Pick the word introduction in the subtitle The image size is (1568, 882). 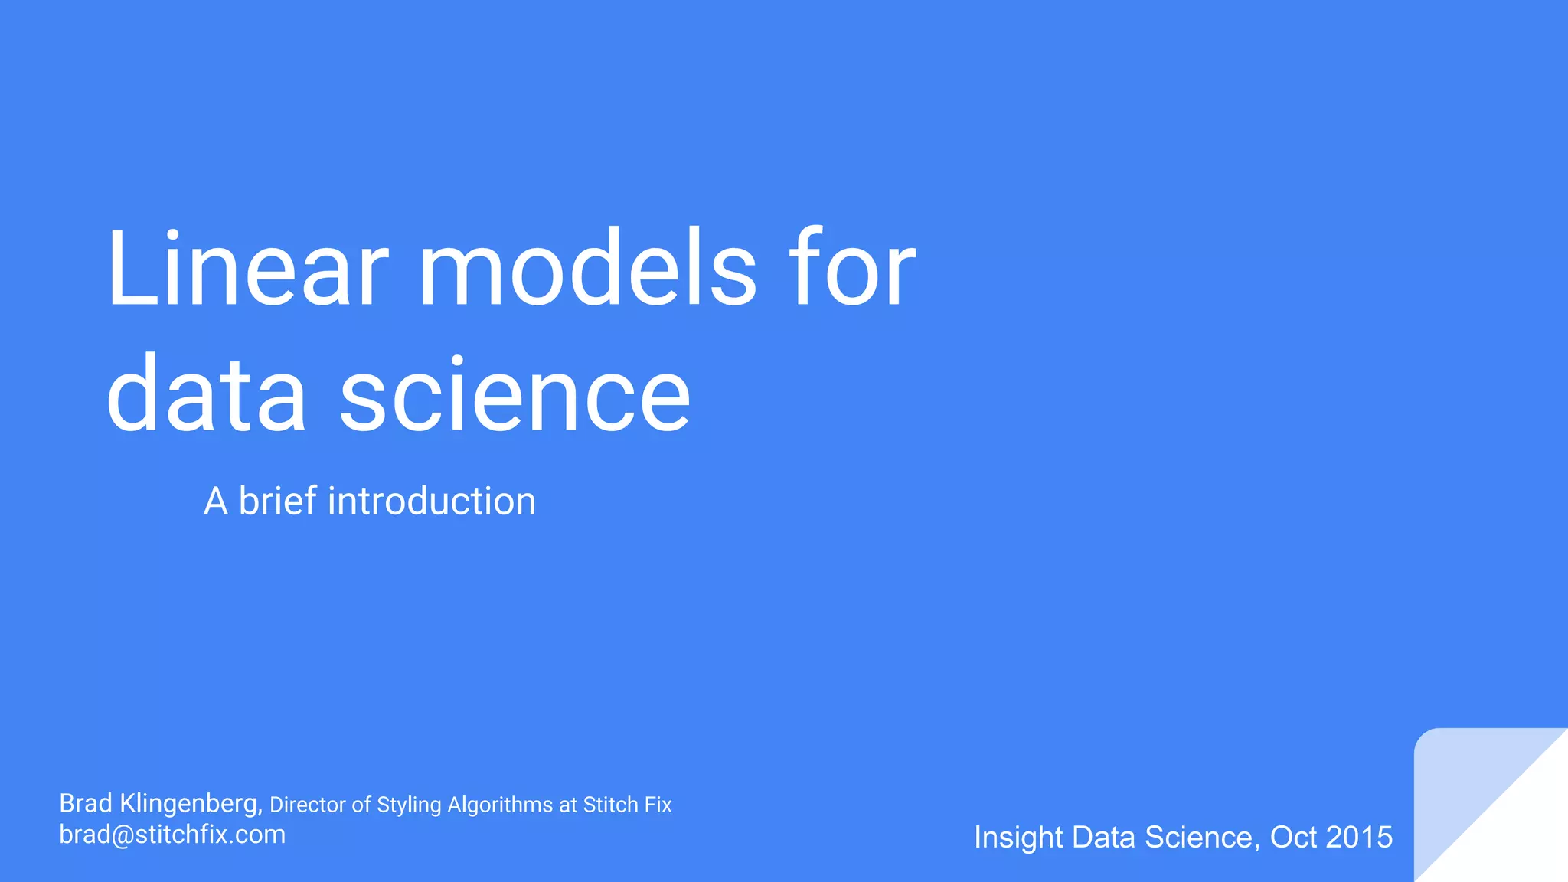[432, 501]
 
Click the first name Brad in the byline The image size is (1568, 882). [86, 803]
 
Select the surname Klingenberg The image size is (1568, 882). [191, 804]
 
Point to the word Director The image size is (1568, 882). [308, 805]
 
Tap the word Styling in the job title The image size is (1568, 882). [409, 805]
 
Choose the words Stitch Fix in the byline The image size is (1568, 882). [627, 805]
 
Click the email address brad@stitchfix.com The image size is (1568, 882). [172, 835]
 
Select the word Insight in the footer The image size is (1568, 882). [1018, 838]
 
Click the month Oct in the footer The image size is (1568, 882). [1293, 838]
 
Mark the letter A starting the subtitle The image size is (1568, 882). [215, 502]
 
